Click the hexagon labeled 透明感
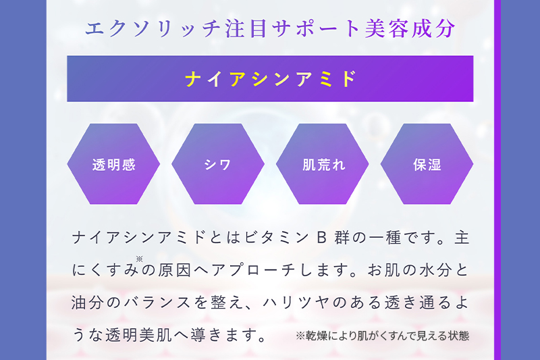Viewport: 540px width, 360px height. (x=113, y=164)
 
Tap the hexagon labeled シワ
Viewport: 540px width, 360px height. (x=217, y=164)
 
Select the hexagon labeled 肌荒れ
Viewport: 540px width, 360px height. (x=323, y=164)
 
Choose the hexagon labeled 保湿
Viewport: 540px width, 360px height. (x=427, y=164)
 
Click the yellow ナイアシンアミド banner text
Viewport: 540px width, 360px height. (x=270, y=79)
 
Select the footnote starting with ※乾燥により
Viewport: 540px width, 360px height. (x=382, y=335)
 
